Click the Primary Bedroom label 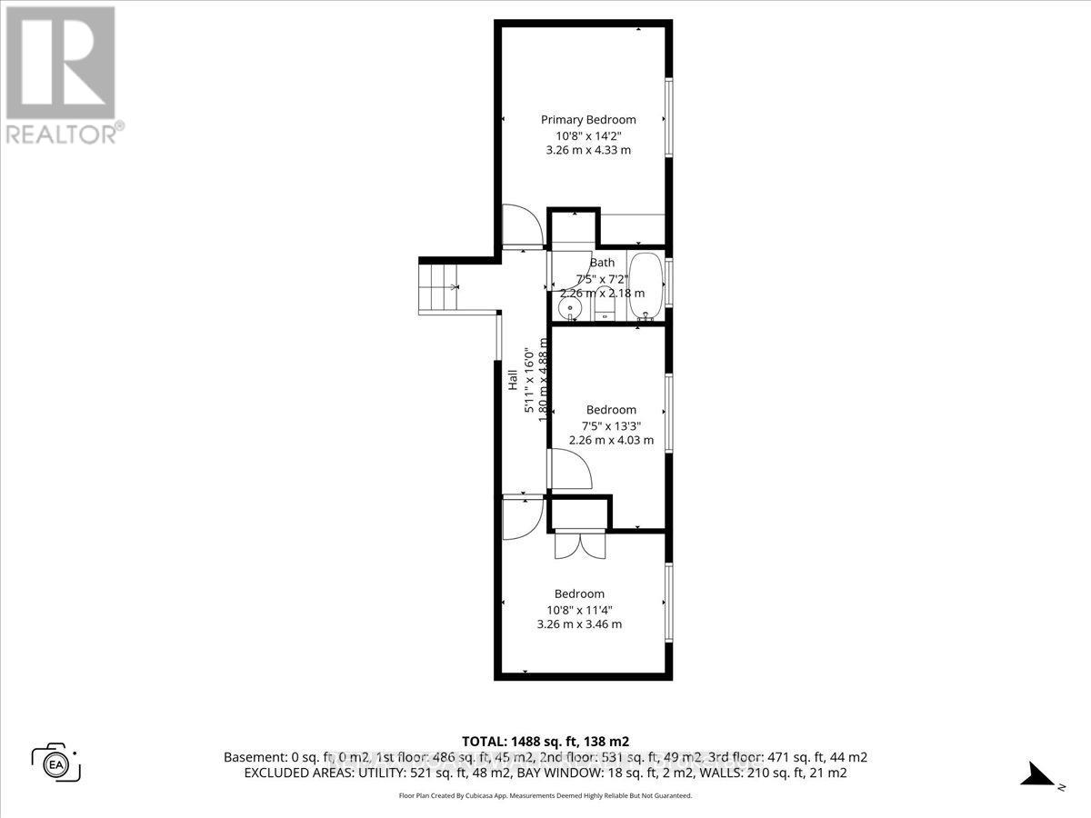pos(588,120)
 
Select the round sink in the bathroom pos(570,309)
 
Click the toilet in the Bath pos(605,304)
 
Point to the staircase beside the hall pos(439,285)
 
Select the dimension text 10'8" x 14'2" pos(588,135)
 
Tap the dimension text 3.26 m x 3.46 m pos(579,624)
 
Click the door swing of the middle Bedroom pos(570,471)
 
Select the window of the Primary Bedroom pos(669,118)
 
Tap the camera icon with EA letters pos(56,762)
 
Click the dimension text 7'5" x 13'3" pos(611,425)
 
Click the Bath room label pos(602,263)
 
